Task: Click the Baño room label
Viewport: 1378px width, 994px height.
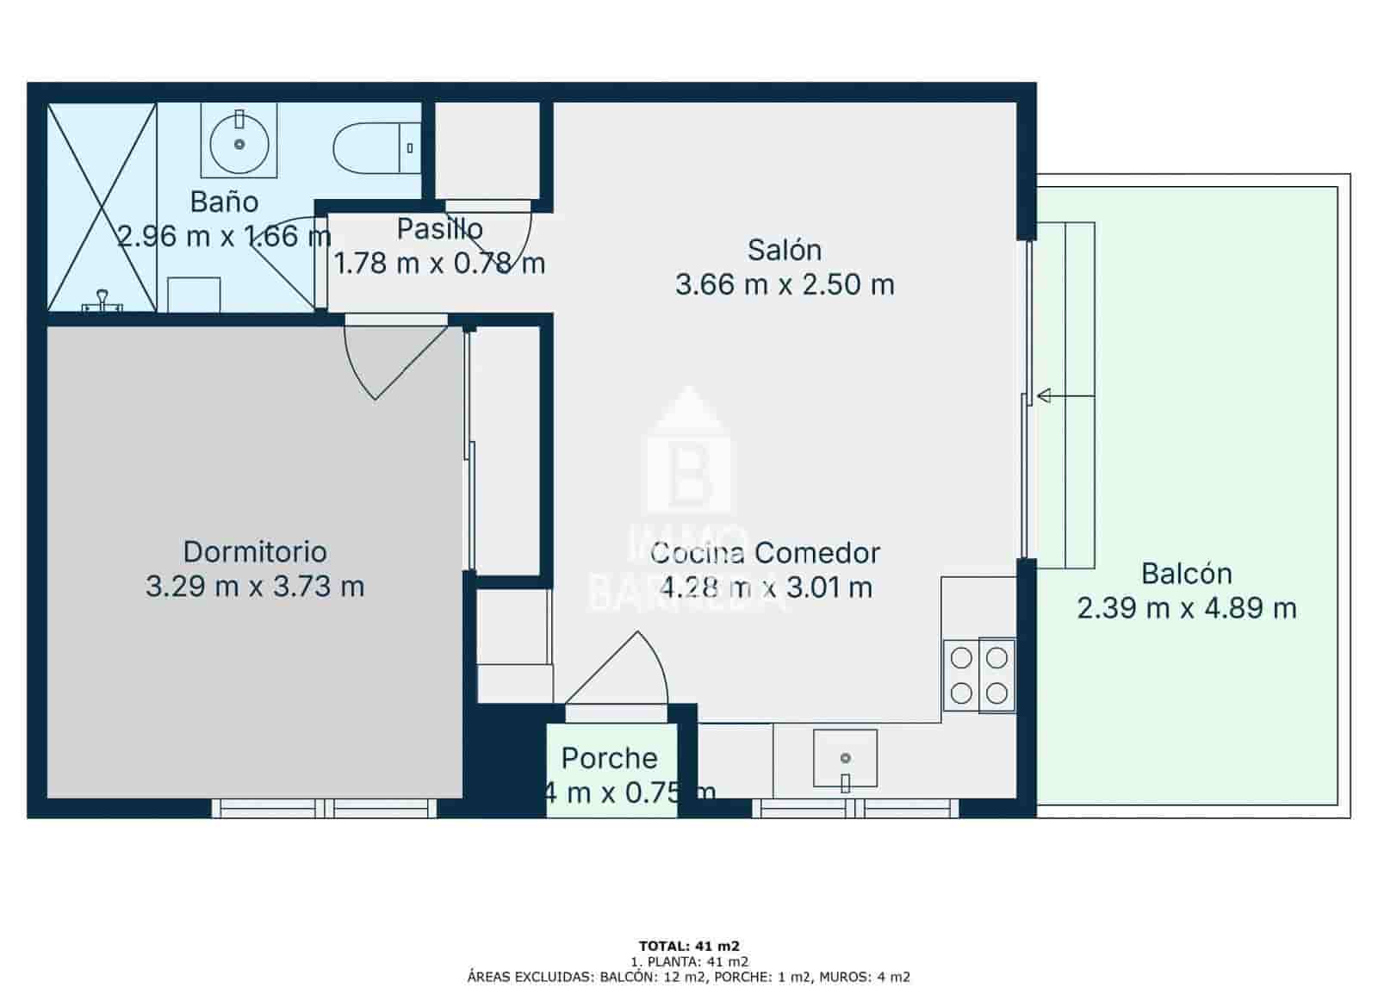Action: (224, 202)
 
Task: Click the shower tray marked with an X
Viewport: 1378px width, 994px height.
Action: (102, 207)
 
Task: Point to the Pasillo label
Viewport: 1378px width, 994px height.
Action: (439, 229)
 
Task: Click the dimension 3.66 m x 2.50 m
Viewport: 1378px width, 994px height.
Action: (784, 284)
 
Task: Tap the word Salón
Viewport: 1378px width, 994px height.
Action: (784, 250)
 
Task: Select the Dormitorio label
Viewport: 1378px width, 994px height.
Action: (255, 551)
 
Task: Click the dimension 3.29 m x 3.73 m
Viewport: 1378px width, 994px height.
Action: (255, 587)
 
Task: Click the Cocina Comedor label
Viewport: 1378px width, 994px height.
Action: (765, 553)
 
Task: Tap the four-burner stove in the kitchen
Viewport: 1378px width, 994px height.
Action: (979, 675)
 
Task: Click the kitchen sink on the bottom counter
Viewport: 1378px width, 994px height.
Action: (845, 759)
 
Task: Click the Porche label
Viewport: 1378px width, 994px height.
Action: (609, 758)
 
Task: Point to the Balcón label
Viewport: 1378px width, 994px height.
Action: (1186, 574)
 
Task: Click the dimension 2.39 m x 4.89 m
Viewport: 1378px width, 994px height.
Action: (1186, 609)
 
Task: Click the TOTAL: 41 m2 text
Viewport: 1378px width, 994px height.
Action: (689, 946)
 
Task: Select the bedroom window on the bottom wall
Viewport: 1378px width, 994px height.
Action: (325, 808)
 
